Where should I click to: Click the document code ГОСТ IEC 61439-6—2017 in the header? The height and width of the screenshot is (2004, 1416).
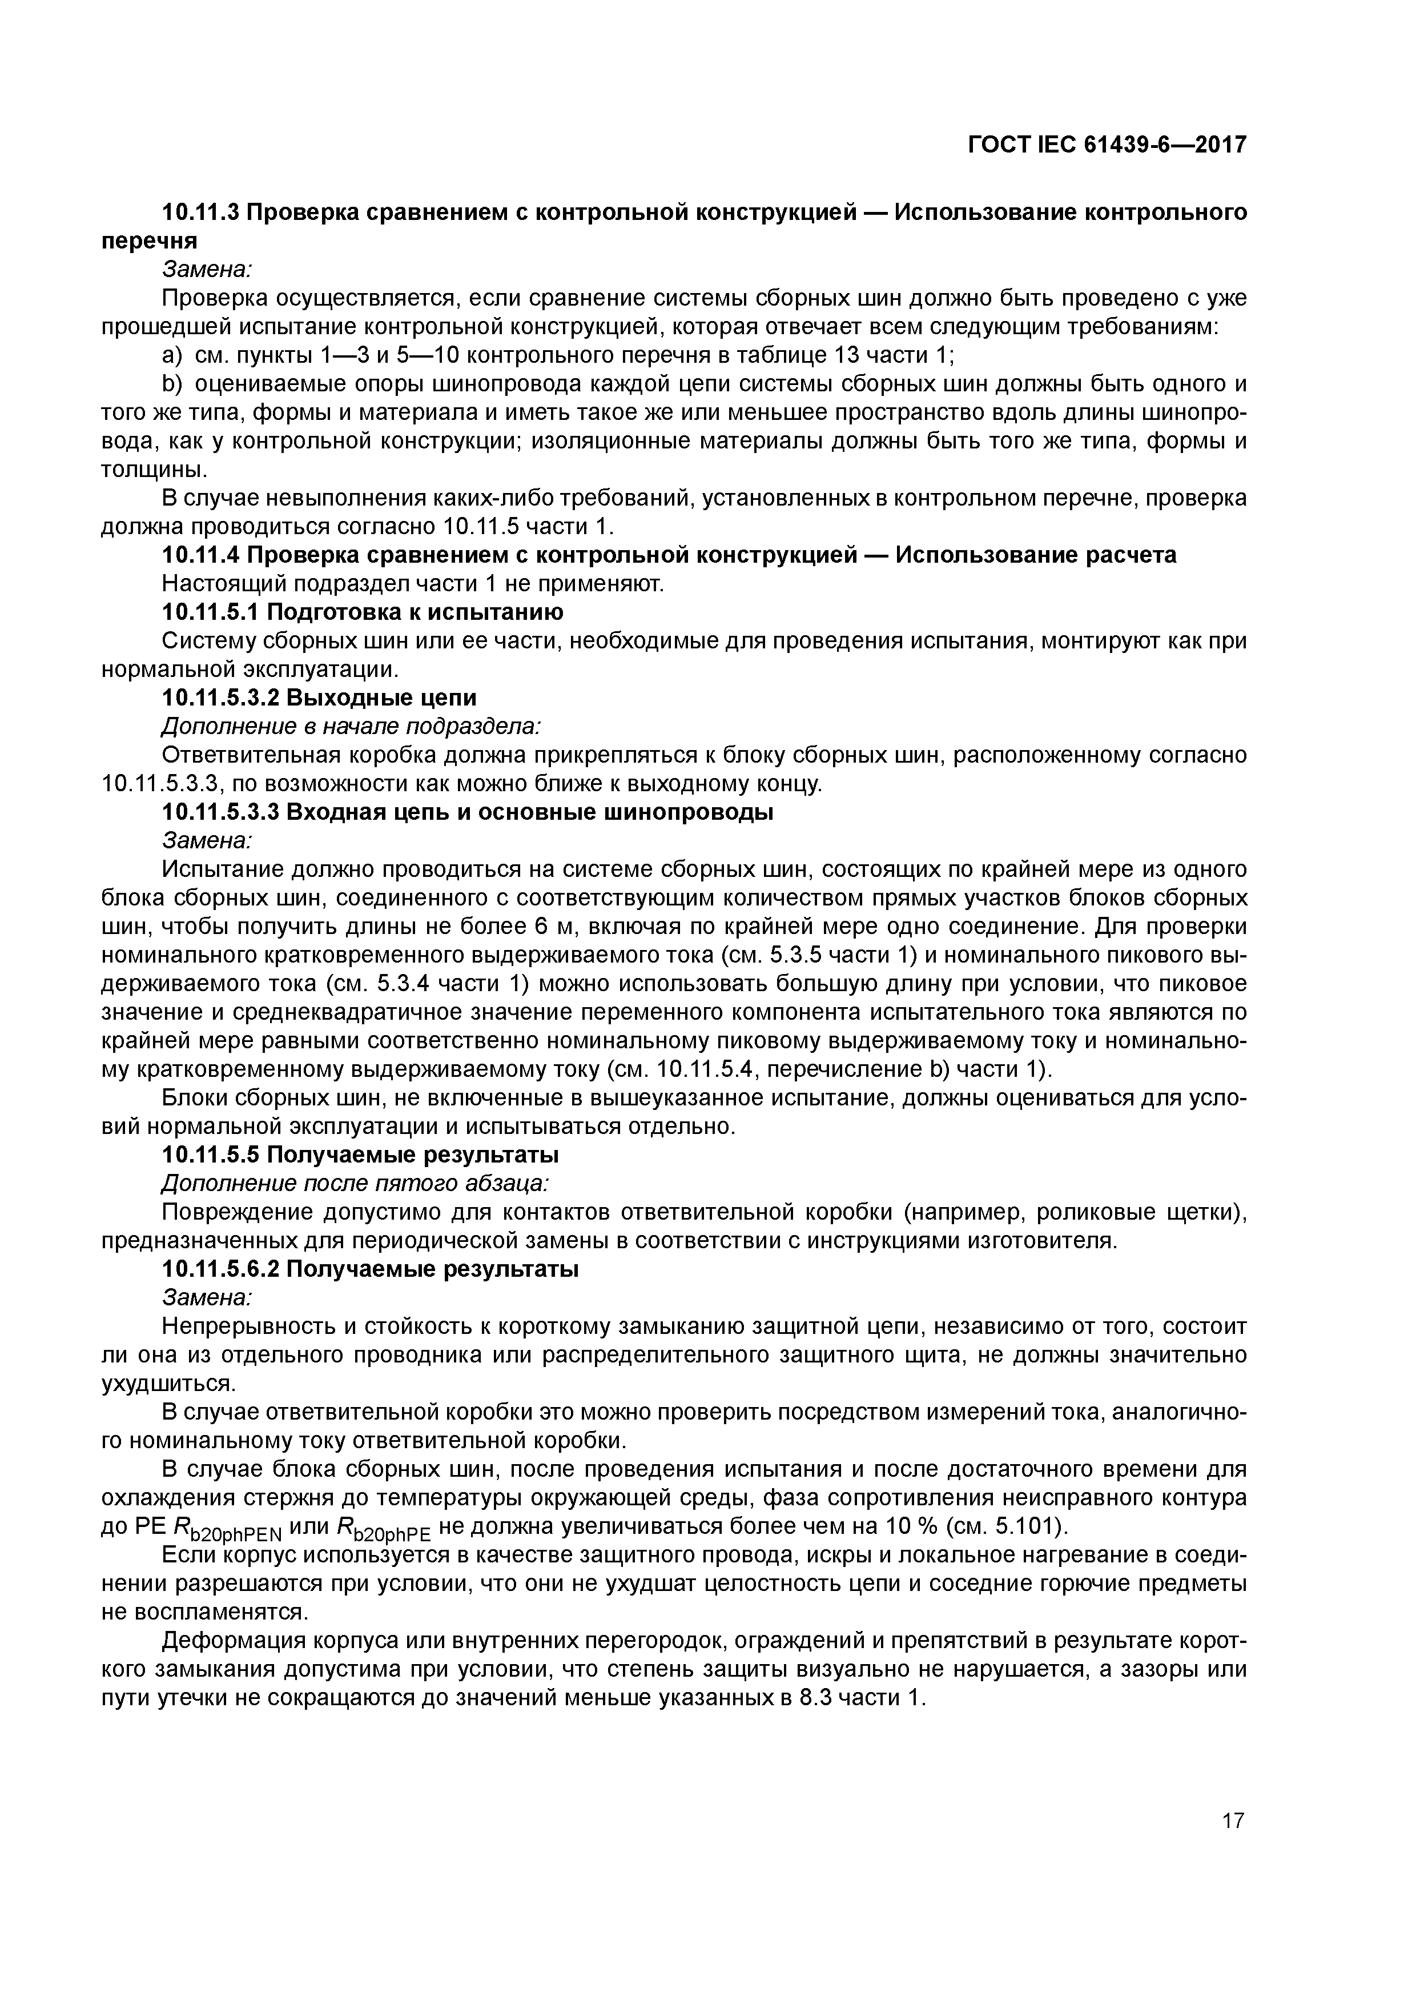1107,144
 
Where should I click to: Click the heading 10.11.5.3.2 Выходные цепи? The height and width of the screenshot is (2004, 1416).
319,698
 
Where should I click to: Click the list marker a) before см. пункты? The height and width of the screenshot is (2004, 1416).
173,356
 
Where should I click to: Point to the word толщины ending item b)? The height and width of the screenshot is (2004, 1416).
154,470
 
